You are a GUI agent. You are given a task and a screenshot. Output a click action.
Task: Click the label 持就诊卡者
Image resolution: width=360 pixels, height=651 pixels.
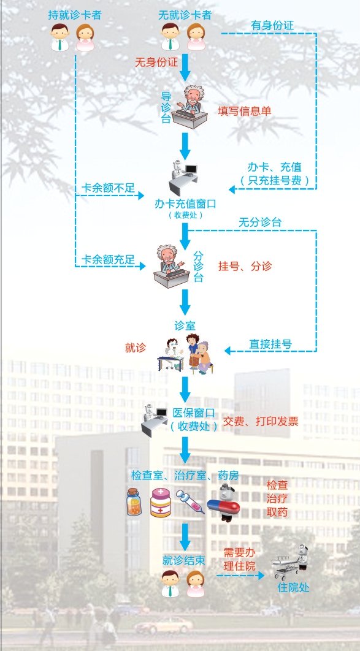pyautogui.click(x=75, y=15)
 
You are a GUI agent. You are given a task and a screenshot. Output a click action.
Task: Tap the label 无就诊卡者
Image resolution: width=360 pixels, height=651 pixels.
pyautogui.click(x=185, y=15)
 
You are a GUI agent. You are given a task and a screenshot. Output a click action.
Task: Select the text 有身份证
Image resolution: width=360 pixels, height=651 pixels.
pyautogui.click(x=272, y=25)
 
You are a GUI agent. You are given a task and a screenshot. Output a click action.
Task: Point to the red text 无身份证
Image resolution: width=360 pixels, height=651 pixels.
pyautogui.click(x=156, y=63)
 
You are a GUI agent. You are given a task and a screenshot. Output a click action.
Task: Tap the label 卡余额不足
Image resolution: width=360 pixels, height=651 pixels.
pyautogui.click(x=108, y=188)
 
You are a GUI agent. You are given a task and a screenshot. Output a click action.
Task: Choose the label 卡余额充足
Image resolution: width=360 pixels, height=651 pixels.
pyautogui.click(x=108, y=260)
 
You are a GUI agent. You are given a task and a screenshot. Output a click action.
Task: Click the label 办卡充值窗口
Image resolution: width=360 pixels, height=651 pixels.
pyautogui.click(x=185, y=204)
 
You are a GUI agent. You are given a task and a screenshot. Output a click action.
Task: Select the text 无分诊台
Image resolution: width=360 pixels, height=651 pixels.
pyautogui.click(x=260, y=222)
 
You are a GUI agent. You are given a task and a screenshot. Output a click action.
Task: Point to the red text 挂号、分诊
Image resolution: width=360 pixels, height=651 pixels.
pyautogui.click(x=245, y=266)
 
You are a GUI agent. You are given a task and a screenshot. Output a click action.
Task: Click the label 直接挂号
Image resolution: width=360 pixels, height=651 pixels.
pyautogui.click(x=270, y=344)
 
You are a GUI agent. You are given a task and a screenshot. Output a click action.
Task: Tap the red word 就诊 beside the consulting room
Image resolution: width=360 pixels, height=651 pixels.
pyautogui.click(x=136, y=348)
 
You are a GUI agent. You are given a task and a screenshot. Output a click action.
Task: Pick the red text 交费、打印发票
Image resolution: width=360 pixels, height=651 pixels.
pyautogui.click(x=261, y=422)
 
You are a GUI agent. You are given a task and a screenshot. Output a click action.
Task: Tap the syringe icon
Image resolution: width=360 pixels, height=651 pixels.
pyautogui.click(x=190, y=501)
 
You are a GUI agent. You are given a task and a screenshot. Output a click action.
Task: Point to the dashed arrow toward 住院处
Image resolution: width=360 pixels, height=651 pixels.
pyautogui.click(x=240, y=576)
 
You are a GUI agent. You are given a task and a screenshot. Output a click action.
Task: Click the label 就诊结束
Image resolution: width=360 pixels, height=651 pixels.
pyautogui.click(x=184, y=560)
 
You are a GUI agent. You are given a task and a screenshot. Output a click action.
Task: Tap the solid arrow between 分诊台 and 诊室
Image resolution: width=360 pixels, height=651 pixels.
pyautogui.click(x=185, y=302)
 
